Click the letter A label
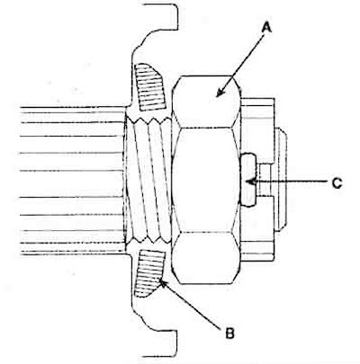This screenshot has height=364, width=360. [x=266, y=29]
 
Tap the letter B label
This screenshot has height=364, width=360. [x=229, y=333]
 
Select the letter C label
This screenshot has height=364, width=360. [x=337, y=182]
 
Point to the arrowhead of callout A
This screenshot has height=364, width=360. [x=220, y=93]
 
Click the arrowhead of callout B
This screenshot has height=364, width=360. [x=162, y=282]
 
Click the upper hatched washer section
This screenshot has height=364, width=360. [x=149, y=86]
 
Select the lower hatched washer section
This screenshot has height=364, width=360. [x=149, y=273]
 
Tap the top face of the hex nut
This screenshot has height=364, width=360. [x=207, y=102]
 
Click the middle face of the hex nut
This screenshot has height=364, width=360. [x=207, y=180]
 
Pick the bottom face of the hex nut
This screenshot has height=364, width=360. [x=207, y=258]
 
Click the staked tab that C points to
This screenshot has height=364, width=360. [x=249, y=180]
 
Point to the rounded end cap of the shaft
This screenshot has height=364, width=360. [x=282, y=180]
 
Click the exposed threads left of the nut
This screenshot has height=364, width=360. [x=148, y=181]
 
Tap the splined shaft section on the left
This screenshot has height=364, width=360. [x=72, y=181]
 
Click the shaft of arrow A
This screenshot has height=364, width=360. [x=241, y=65]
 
